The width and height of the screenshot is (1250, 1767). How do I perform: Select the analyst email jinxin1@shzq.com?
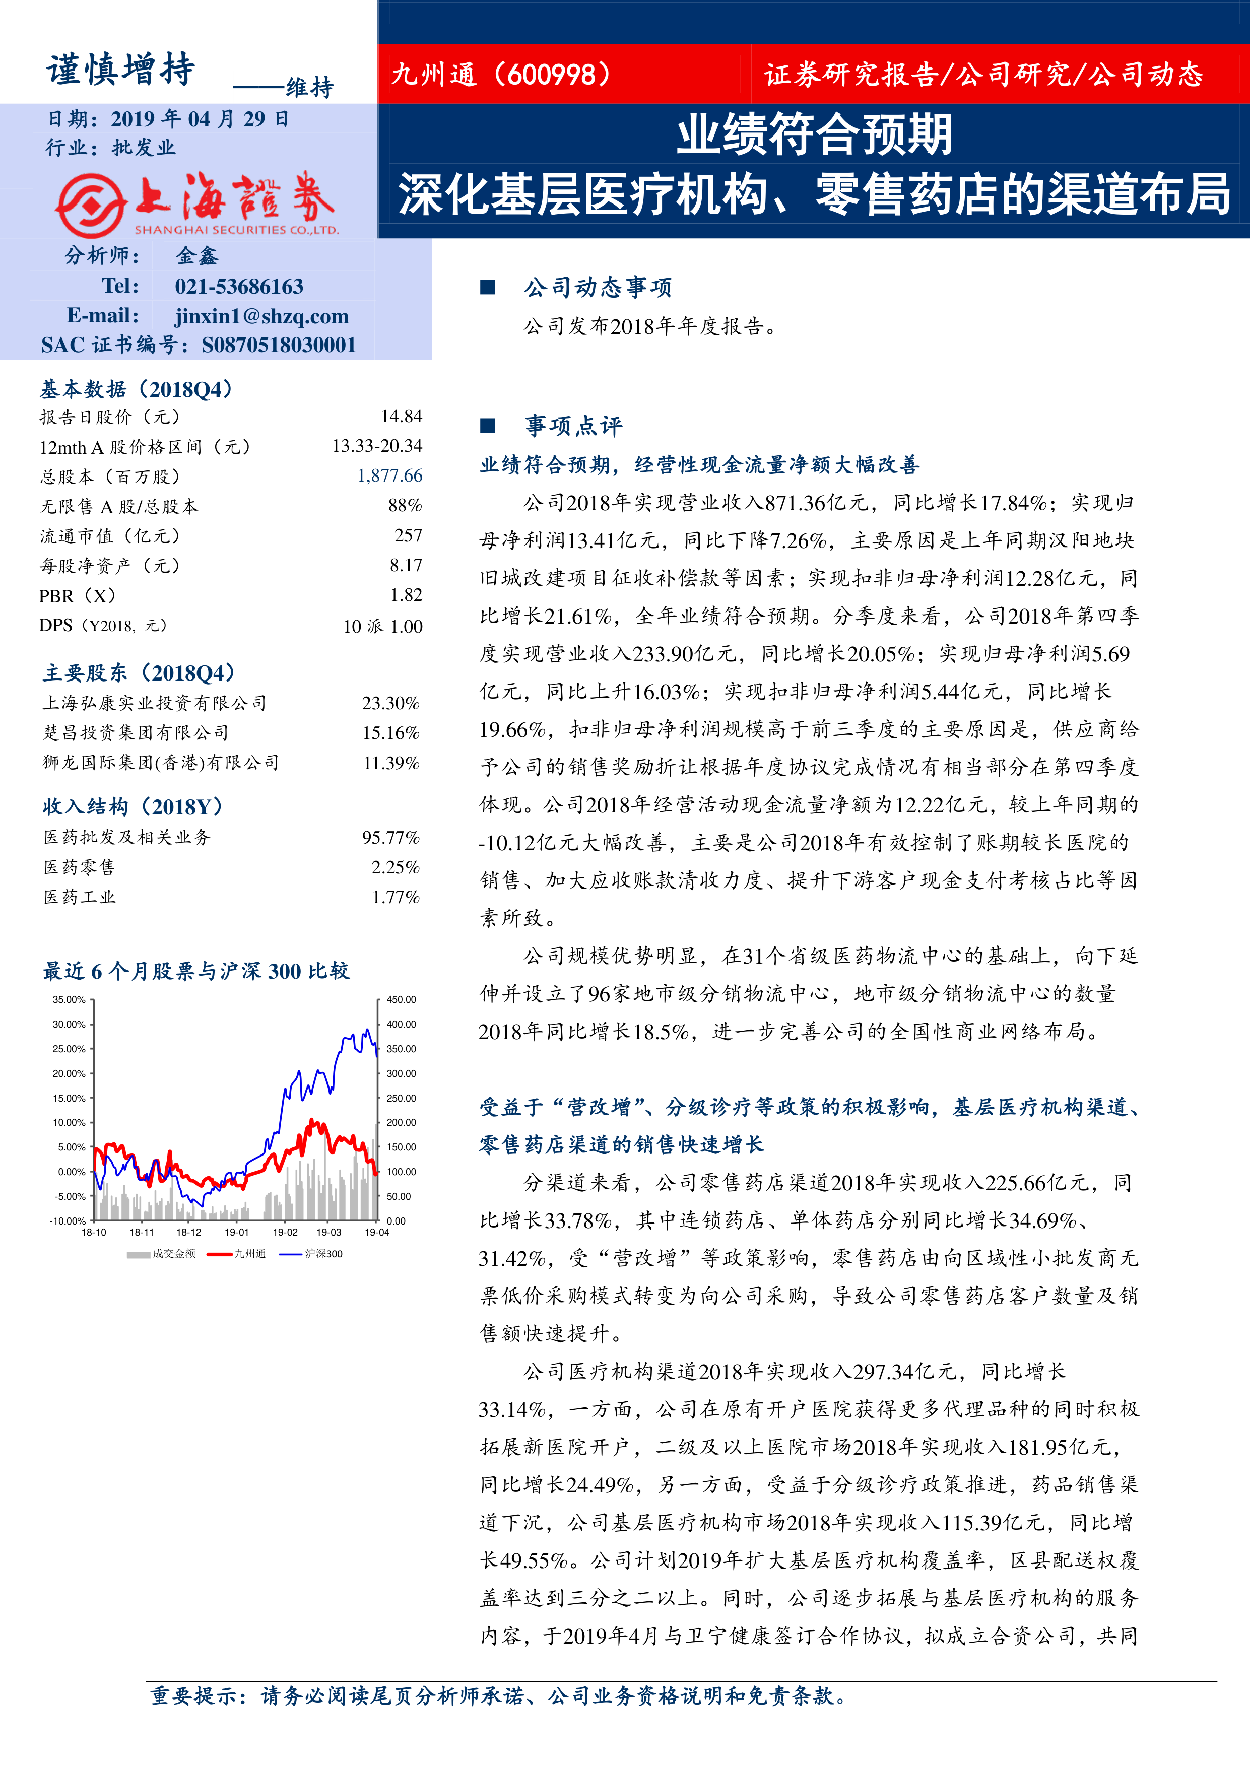(x=261, y=316)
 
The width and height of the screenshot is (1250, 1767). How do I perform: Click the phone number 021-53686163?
(x=239, y=286)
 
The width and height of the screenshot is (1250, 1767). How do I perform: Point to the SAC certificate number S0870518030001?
(x=279, y=345)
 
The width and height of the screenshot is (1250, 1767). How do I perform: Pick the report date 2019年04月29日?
(x=200, y=119)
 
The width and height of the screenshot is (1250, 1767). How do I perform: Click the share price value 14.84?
(x=401, y=417)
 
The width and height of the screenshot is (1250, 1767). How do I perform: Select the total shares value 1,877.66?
(x=389, y=475)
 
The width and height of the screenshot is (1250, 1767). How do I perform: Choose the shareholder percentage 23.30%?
(x=390, y=703)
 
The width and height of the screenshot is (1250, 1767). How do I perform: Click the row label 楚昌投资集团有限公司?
(x=136, y=733)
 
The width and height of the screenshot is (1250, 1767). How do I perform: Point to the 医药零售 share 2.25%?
(x=395, y=867)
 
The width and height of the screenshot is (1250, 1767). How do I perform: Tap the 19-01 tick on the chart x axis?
(x=237, y=1232)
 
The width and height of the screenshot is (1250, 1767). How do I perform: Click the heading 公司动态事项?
(x=598, y=288)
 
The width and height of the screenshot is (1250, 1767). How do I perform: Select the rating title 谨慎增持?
(x=121, y=70)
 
